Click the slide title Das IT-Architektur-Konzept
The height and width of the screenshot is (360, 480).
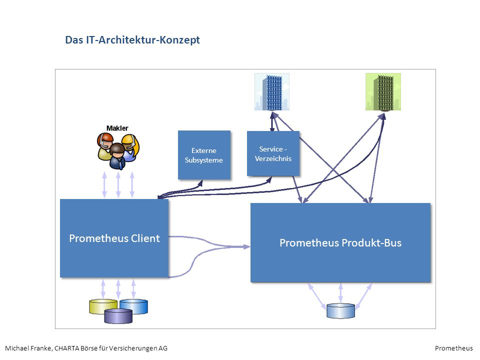[132, 40]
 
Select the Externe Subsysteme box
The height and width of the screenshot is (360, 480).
[204, 155]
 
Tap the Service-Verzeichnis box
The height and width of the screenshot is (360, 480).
[273, 153]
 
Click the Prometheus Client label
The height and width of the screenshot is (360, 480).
[114, 238]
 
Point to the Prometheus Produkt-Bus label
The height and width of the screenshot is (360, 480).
[340, 243]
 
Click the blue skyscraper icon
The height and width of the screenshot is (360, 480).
[272, 92]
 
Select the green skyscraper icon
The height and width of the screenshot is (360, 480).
[383, 92]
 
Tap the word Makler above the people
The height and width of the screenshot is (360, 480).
[117, 128]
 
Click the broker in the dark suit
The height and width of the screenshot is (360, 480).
[117, 156]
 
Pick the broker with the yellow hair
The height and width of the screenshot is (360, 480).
[131, 147]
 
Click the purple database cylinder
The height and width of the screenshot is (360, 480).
[118, 316]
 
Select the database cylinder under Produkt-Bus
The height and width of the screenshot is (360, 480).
[340, 311]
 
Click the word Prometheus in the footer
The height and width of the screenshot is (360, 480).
[453, 348]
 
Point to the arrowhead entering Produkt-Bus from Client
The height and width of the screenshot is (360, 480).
[246, 246]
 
